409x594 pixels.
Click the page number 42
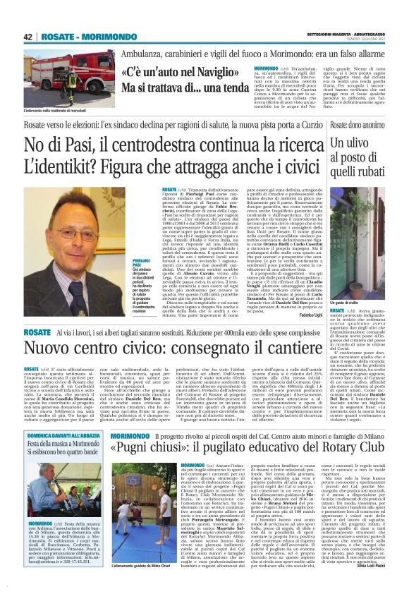pos(29,37)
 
